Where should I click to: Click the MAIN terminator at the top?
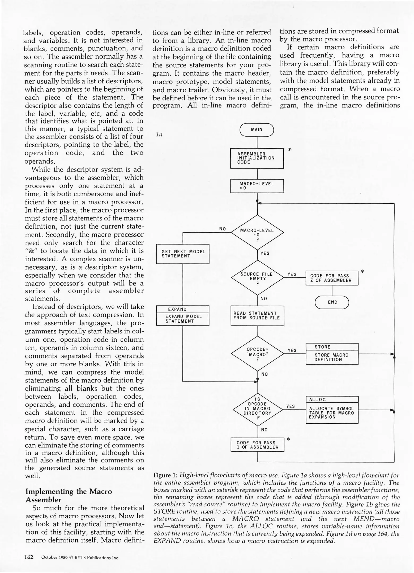click(x=257, y=130)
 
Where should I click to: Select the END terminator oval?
click(x=332, y=302)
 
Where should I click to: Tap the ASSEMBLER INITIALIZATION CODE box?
click(x=257, y=158)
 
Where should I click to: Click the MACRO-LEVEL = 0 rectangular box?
click(x=257, y=186)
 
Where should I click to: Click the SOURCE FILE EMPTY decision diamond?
click(x=257, y=277)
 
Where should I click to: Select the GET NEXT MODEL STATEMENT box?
click(x=183, y=254)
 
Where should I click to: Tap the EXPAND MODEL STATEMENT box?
click(x=183, y=316)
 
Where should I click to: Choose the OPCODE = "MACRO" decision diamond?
click(x=257, y=354)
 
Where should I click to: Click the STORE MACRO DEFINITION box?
click(x=332, y=354)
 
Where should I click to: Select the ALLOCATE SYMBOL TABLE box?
click(x=332, y=410)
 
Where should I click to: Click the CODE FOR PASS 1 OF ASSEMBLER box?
click(x=257, y=445)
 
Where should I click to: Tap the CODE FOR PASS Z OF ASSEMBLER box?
click(x=332, y=278)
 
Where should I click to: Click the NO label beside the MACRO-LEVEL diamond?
click(x=223, y=229)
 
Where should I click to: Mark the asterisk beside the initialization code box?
click(x=289, y=150)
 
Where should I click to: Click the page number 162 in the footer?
click(x=29, y=557)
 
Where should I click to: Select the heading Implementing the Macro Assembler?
click(x=69, y=496)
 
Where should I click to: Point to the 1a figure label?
click(x=159, y=135)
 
